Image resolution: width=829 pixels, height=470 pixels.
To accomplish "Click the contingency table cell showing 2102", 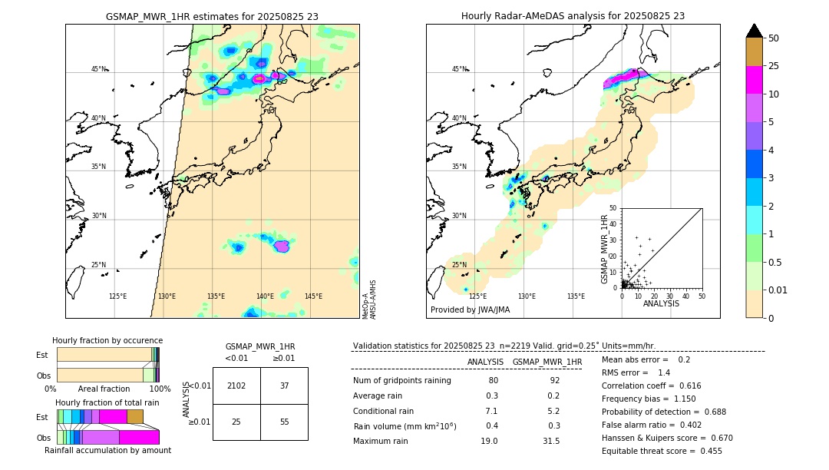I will click(x=236, y=386).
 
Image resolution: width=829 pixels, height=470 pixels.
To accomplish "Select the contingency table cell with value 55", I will click(x=284, y=422).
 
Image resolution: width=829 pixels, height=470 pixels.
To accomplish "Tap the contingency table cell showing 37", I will click(x=284, y=386).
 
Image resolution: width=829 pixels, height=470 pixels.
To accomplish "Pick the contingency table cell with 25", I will click(x=236, y=422).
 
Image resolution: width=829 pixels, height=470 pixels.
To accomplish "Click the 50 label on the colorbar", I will click(x=774, y=38).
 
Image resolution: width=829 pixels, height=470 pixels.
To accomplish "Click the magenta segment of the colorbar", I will click(x=754, y=80).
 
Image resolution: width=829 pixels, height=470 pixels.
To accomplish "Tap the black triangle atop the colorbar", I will click(x=754, y=31).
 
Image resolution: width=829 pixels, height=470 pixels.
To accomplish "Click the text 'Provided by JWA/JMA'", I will click(x=470, y=310).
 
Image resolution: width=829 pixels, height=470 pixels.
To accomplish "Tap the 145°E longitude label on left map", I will click(x=313, y=296).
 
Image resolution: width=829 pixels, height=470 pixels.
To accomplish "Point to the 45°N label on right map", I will click(x=459, y=69).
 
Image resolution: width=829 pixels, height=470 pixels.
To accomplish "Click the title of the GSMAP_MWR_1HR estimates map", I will click(x=212, y=16).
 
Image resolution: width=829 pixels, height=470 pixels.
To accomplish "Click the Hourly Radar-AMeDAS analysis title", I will click(x=573, y=16).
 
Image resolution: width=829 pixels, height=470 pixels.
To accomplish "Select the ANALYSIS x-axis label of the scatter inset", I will click(x=661, y=303).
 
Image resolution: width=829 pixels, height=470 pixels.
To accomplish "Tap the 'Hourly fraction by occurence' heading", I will click(x=107, y=340).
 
